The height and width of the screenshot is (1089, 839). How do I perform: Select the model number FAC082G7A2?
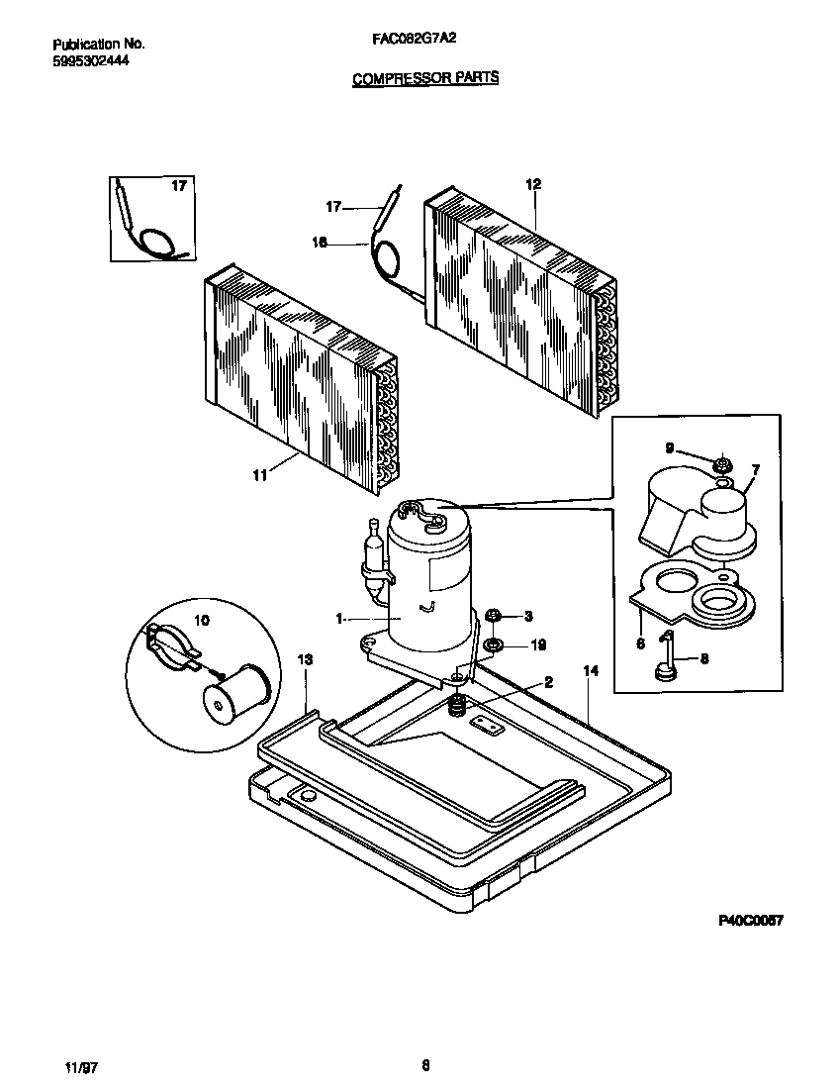pos(415,44)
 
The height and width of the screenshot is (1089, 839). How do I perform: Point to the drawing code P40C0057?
pos(751,920)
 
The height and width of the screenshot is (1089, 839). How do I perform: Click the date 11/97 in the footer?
pos(80,1067)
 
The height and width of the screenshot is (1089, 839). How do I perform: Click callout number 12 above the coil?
pos(533,185)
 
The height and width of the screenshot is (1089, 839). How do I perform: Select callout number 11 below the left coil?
pos(259,476)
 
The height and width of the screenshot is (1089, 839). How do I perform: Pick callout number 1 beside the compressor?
pos(339,619)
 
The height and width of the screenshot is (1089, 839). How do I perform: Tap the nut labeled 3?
pos(497,616)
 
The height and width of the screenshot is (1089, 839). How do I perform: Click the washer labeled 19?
pos(492,645)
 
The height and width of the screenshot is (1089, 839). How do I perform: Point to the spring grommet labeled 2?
pos(458,706)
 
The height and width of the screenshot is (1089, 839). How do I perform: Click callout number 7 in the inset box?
pos(755,468)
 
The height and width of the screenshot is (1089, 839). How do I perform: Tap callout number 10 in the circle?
pos(201,621)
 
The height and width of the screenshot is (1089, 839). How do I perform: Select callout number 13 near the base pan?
pos(305,659)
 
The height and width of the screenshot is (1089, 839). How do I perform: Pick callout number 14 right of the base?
pos(591,671)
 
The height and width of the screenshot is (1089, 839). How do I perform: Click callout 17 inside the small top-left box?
pos(178,186)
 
